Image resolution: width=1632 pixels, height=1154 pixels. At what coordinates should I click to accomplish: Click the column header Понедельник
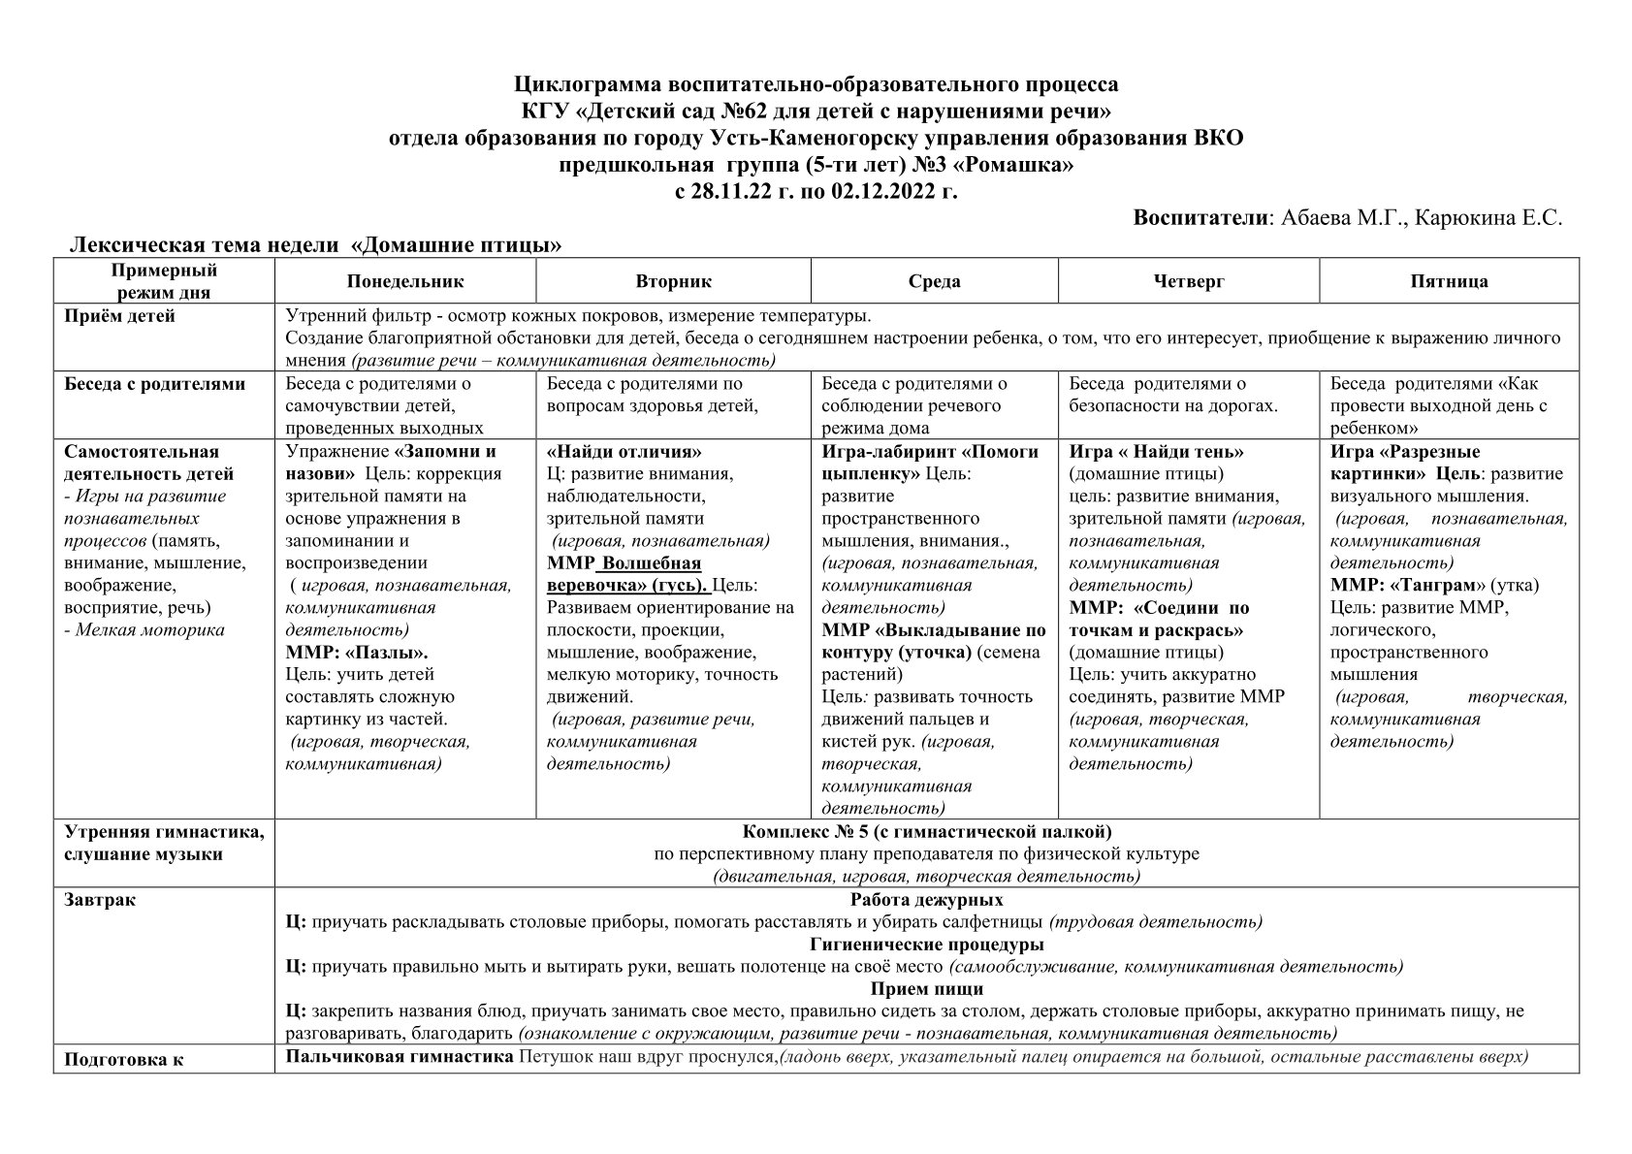point(405,281)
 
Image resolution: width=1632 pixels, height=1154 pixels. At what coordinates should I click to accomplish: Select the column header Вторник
point(673,281)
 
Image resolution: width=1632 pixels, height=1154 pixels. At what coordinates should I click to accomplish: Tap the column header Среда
point(934,281)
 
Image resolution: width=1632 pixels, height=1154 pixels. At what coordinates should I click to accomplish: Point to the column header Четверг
point(1189,281)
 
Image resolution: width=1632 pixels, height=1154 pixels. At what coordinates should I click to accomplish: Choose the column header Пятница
point(1449,281)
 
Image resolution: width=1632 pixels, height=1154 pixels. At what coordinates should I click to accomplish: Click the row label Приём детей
point(119,316)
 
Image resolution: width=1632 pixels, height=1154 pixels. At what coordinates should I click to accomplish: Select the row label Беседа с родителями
point(154,384)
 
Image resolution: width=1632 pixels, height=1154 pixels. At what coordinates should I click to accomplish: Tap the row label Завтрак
point(100,900)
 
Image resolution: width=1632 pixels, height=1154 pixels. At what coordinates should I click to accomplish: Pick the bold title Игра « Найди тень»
point(1156,452)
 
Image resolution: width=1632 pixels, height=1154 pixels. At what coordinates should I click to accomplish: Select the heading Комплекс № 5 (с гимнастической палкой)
point(927,832)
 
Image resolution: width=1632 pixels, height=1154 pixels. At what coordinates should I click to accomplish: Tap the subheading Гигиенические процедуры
point(926,945)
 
